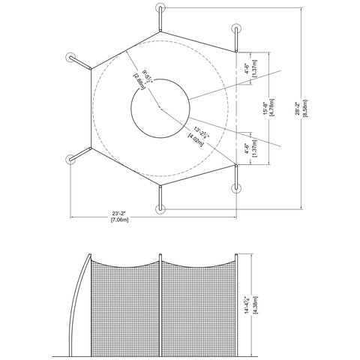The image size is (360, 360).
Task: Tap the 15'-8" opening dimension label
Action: [x=264, y=109]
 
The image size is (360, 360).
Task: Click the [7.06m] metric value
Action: [x=120, y=220]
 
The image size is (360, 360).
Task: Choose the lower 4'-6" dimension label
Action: [x=248, y=148]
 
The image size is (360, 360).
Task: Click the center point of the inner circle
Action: [x=160, y=109]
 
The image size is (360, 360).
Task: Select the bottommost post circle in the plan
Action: [x=160, y=208]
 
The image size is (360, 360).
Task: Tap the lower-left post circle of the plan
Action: [x=73, y=159]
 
